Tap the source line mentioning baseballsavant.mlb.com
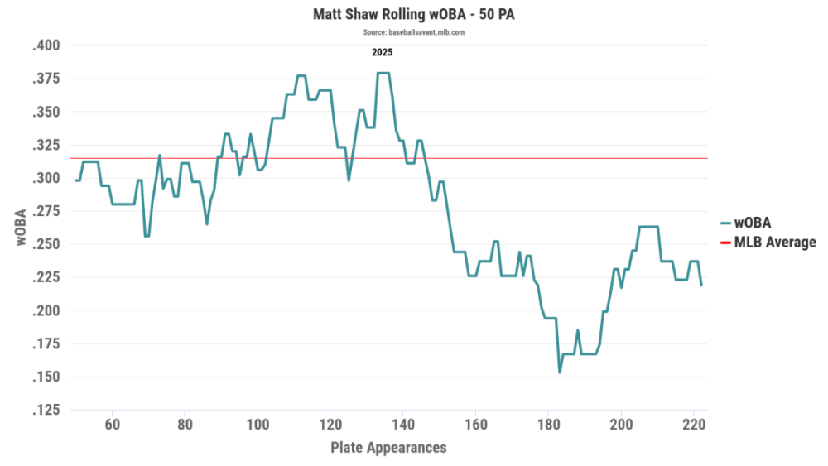click(x=413, y=32)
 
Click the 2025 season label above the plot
click(x=382, y=52)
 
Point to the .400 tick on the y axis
click(x=46, y=46)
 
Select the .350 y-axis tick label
click(x=46, y=112)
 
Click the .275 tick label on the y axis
click(x=46, y=211)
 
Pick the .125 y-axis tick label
click(x=46, y=410)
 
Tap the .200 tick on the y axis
click(x=46, y=310)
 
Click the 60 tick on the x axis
click(x=113, y=424)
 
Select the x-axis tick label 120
click(x=330, y=424)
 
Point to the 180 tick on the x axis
click(x=548, y=424)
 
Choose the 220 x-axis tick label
click(x=693, y=424)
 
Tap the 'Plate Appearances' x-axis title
click(x=388, y=448)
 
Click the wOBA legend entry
click(x=753, y=222)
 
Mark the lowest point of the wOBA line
click(x=560, y=372)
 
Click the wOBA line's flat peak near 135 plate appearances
click(x=383, y=73)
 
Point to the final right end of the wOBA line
click(x=701, y=285)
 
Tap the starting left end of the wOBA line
click(x=76, y=180)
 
